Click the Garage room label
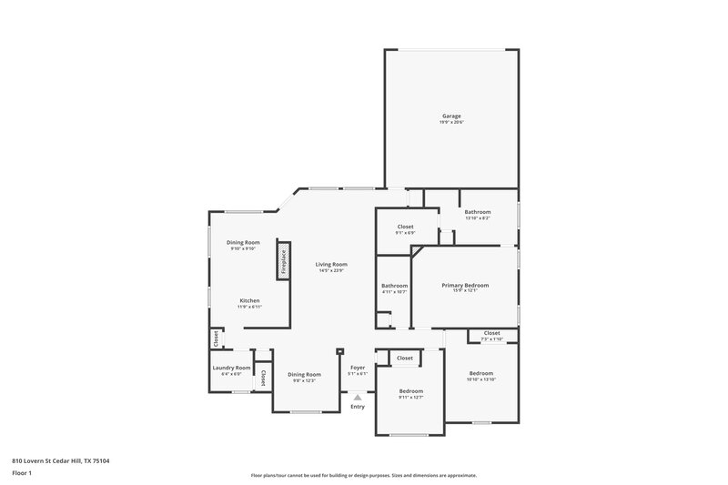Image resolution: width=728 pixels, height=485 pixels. [451, 116]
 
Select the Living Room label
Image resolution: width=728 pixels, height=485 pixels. [332, 264]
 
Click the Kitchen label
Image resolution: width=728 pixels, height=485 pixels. [249, 300]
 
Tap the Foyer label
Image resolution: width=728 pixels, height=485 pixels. [358, 368]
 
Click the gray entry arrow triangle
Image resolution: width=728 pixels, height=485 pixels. [358, 397]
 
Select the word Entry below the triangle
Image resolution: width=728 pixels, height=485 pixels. [358, 407]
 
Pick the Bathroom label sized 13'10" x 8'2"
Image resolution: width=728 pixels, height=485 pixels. [478, 211]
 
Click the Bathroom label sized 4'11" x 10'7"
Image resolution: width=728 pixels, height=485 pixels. [394, 286]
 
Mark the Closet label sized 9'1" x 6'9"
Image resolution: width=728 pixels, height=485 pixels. [406, 226]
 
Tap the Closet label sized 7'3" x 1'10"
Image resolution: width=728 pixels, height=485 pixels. [491, 333]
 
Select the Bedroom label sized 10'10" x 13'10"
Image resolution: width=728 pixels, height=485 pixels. [480, 373]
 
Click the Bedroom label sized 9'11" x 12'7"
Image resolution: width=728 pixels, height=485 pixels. [411, 390]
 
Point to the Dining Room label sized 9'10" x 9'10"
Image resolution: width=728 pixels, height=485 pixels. [244, 242]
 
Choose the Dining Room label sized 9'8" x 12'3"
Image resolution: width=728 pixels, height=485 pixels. [304, 374]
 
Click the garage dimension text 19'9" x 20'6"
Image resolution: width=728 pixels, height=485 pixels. [451, 122]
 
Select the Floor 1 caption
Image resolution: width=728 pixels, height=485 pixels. [22, 474]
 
